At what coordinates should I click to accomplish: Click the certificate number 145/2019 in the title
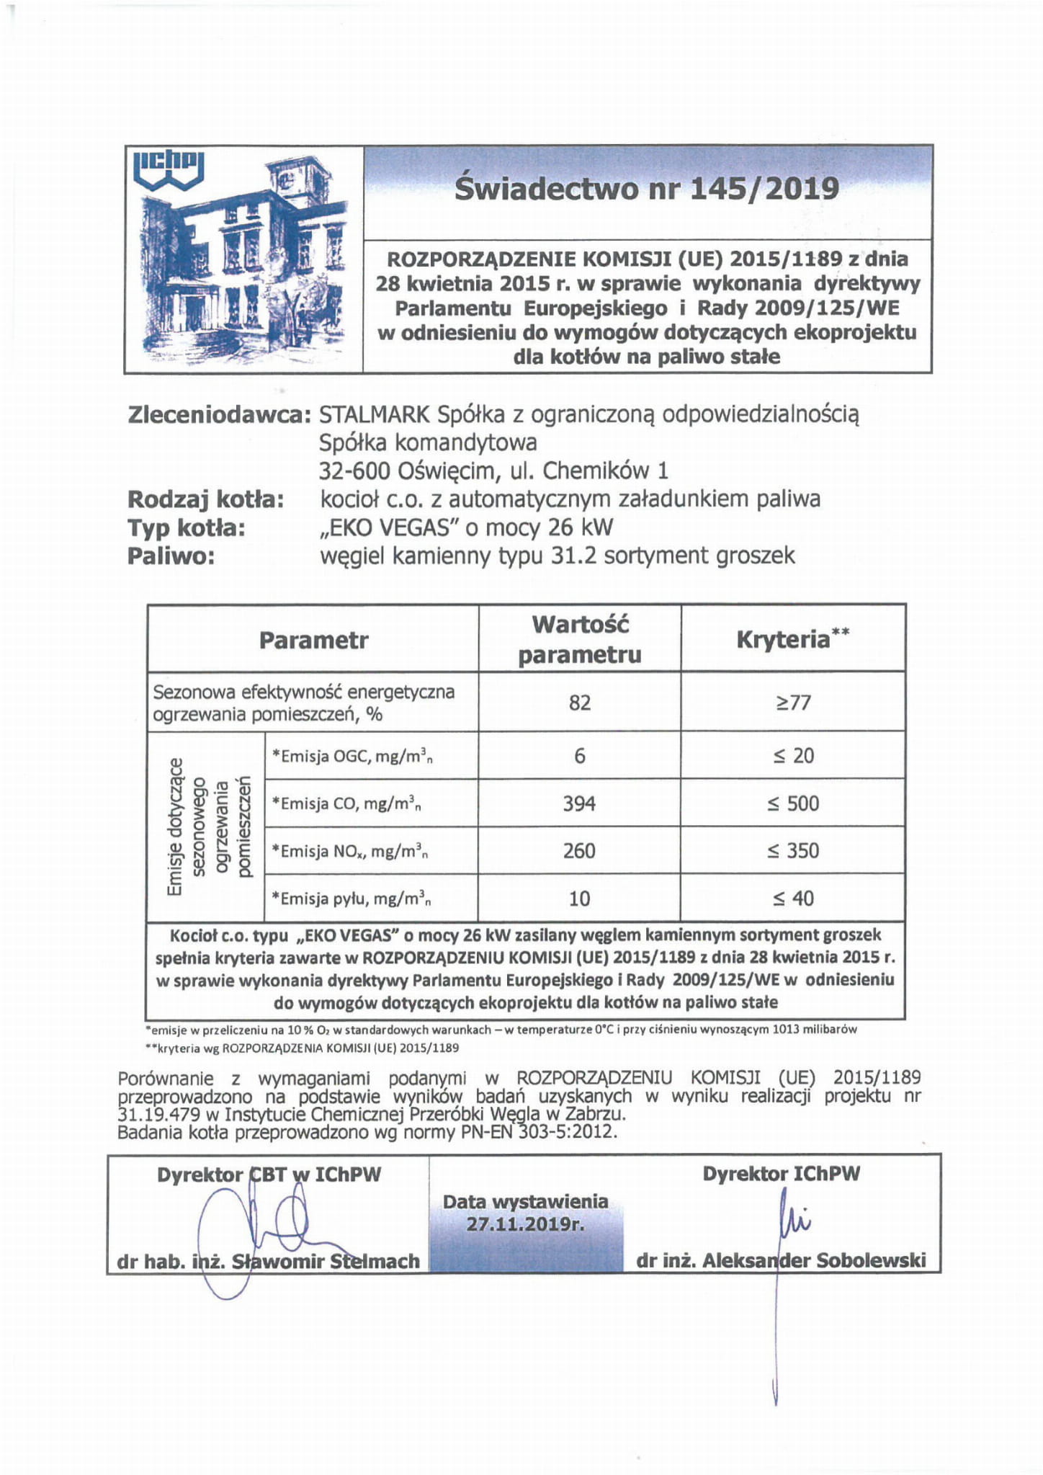pyautogui.click(x=765, y=190)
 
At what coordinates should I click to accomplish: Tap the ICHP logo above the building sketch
pyautogui.click(x=169, y=170)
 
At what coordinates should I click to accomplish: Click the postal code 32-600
pyautogui.click(x=354, y=471)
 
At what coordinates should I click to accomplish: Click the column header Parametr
pyautogui.click(x=313, y=640)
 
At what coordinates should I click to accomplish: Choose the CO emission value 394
pyautogui.click(x=579, y=803)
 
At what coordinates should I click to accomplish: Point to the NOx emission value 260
pyautogui.click(x=579, y=851)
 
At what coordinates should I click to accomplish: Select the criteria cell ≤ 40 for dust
pyautogui.click(x=793, y=899)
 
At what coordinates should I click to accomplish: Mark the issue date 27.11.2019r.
pyautogui.click(x=525, y=1224)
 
